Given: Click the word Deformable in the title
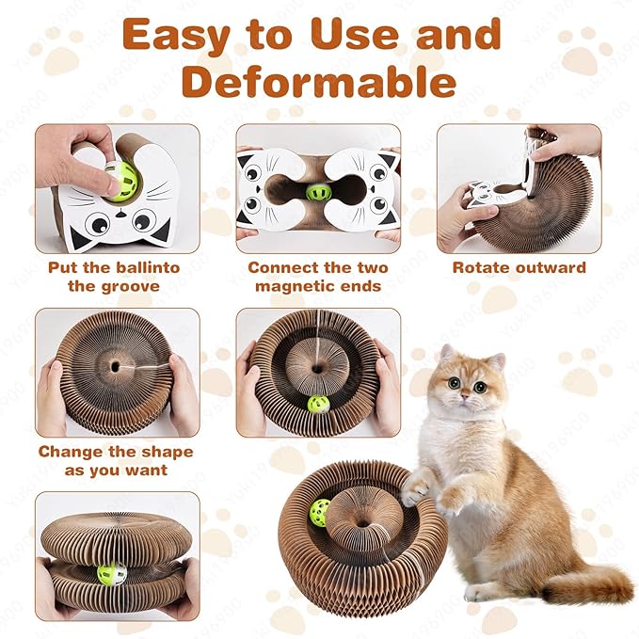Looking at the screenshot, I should (x=319, y=83).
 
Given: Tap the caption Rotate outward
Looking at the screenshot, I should (x=519, y=267).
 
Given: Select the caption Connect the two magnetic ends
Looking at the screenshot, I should (x=317, y=277).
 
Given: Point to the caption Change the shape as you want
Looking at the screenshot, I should (x=117, y=460).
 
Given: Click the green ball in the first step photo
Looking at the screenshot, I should (x=120, y=177).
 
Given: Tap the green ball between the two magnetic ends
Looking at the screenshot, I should (x=318, y=192).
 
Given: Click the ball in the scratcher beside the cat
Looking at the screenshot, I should (x=321, y=513).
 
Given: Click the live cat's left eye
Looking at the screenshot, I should (x=455, y=383).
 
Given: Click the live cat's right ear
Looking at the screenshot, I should (x=496, y=359).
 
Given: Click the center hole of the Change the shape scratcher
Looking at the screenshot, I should (x=115, y=362).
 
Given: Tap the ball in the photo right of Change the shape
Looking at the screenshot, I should (x=317, y=405).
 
